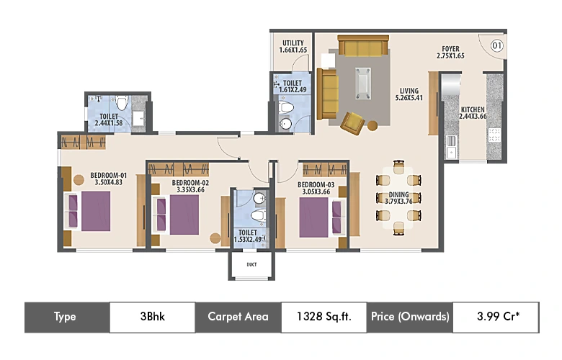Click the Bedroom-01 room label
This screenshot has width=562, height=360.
pyautogui.click(x=108, y=174)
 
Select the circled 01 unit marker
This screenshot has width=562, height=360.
pyautogui.click(x=496, y=46)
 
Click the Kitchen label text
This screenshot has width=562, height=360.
pyautogui.click(x=473, y=109)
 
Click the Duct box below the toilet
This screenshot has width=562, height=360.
pyautogui.click(x=251, y=265)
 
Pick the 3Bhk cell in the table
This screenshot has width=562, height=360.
pyautogui.click(x=152, y=317)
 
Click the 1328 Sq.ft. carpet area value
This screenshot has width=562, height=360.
pyautogui.click(x=323, y=317)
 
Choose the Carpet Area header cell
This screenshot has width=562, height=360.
pyautogui.click(x=238, y=317)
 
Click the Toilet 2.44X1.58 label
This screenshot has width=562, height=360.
pyautogui.click(x=109, y=120)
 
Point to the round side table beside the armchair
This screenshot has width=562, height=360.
pyautogui.click(x=373, y=126)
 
